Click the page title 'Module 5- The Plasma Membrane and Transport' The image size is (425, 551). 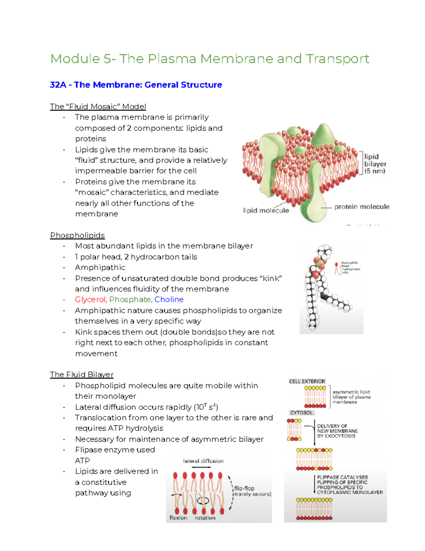tap(210, 59)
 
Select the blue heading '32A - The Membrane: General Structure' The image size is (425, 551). tap(136, 85)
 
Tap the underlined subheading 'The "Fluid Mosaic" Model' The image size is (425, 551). tap(98, 106)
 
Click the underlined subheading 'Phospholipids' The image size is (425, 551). tap(77, 235)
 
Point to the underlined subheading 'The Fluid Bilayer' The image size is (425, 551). tap(81, 375)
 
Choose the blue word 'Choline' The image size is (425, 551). tap(169, 299)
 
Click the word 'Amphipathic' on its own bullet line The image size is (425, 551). tap(100, 268)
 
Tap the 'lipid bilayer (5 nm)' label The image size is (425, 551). tap(375, 164)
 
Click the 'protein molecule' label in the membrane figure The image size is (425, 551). tap(362, 207)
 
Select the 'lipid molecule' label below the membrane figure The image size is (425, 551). tap(266, 211)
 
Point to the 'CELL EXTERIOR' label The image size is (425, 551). tap(307, 381)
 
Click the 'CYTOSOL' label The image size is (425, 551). tap(301, 413)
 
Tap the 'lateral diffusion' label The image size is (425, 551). tap(203, 461)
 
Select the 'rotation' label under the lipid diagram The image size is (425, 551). tap(205, 518)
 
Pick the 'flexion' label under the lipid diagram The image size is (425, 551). tap(178, 518)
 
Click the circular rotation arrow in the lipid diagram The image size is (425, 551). tap(203, 501)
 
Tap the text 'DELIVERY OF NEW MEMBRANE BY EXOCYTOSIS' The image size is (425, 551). tap(337, 431)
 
